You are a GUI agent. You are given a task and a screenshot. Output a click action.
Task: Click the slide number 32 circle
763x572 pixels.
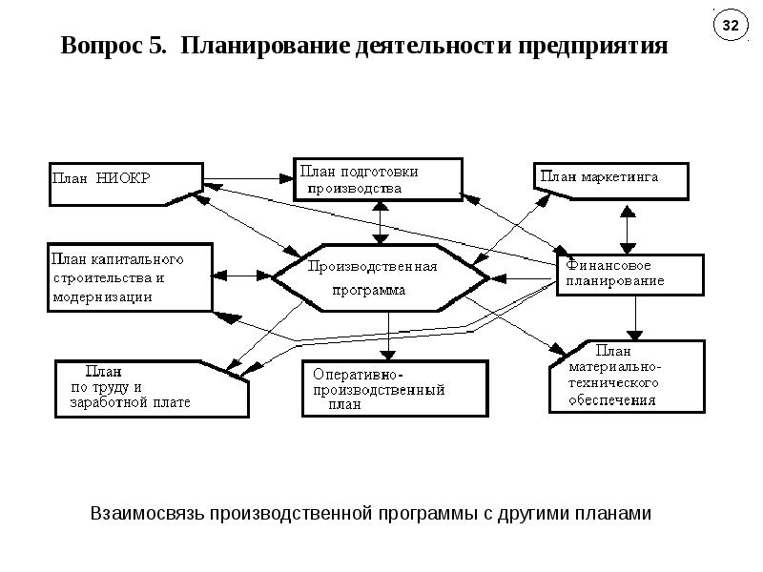730,27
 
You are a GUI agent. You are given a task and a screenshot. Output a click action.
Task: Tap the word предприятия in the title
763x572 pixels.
590,46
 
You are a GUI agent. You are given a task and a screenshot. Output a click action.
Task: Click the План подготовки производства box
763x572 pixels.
379,179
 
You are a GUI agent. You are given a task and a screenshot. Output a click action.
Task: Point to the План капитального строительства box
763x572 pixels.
129,277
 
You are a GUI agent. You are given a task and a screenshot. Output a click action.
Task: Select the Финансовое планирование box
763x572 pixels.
629,275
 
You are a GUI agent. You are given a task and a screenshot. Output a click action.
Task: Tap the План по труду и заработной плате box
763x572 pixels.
151,388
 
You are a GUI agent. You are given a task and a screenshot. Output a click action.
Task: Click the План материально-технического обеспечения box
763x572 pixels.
628,377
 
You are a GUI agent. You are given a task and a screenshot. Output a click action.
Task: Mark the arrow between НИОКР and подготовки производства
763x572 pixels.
248,177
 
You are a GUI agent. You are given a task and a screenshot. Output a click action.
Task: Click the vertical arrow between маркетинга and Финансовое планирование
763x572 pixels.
628,228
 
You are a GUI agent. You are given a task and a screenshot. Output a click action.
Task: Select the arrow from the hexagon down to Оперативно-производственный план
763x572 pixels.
390,334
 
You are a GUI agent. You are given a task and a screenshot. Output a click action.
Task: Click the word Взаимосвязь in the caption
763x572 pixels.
148,514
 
